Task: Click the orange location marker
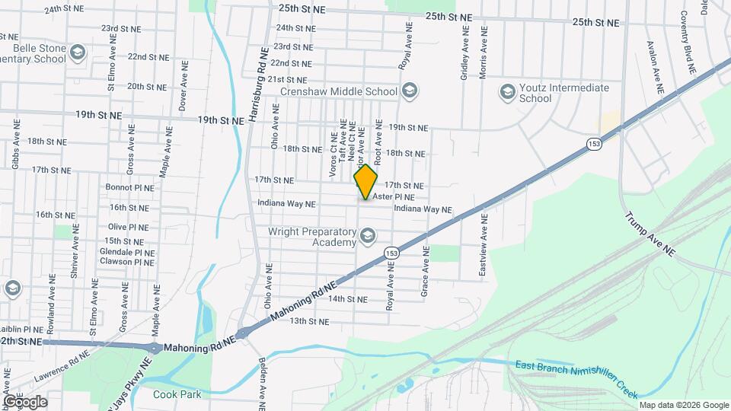[x=366, y=181]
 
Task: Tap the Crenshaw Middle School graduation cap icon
[x=409, y=92]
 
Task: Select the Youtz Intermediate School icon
[x=507, y=93]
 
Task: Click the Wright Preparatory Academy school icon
[x=369, y=236]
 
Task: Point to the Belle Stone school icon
[x=77, y=53]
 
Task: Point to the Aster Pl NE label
[x=394, y=196]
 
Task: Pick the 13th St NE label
[x=309, y=321]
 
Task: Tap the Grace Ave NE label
[x=426, y=272]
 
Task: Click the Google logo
[x=25, y=401]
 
